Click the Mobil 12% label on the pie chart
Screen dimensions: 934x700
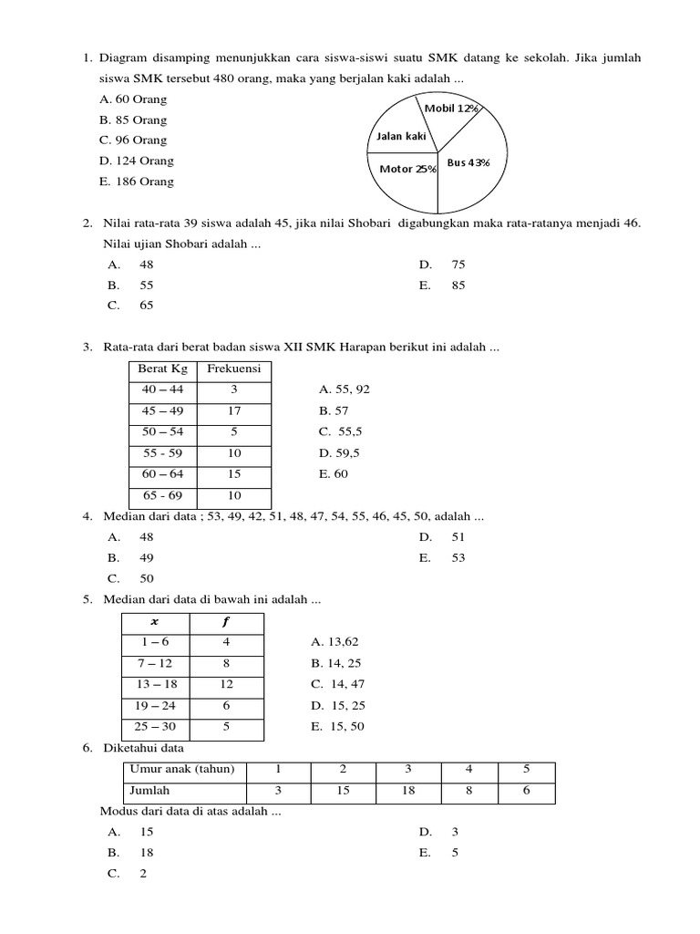451,109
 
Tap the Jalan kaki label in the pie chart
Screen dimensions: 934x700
401,137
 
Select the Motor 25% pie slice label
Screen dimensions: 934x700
407,169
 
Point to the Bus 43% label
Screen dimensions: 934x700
468,162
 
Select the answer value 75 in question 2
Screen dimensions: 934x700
458,265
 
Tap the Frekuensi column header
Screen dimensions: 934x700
233,368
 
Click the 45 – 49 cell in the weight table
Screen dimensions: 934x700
162,410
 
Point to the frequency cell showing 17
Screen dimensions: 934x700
233,410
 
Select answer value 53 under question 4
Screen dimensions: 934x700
458,557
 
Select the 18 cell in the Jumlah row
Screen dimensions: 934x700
407,791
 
